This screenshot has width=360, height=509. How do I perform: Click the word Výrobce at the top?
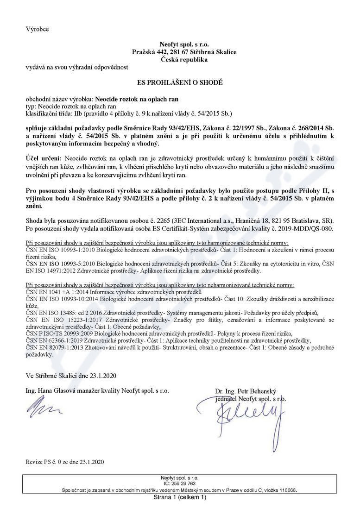pos(37,29)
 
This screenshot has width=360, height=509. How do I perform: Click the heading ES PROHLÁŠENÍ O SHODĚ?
pos(180,82)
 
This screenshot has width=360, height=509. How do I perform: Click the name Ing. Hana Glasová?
pos(48,391)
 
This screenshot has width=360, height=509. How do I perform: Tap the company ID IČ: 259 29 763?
pos(180,483)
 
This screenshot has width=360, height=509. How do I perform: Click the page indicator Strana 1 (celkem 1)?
pos(180,497)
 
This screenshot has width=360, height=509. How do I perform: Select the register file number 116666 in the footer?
pos(286,489)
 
